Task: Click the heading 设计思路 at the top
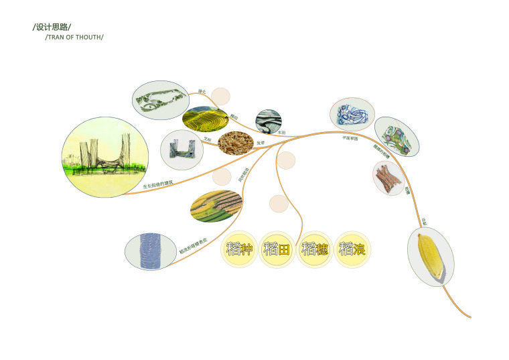52,27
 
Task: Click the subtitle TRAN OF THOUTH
74,37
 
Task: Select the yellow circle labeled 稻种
239,249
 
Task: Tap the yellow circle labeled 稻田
277,249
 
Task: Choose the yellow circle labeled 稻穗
314,249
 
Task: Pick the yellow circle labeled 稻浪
352,249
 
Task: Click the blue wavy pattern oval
151,251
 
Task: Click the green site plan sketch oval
159,101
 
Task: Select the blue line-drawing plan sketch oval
352,114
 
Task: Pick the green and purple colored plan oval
396,136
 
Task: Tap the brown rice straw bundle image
389,178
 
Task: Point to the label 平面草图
350,138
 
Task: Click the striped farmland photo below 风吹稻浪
216,206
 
